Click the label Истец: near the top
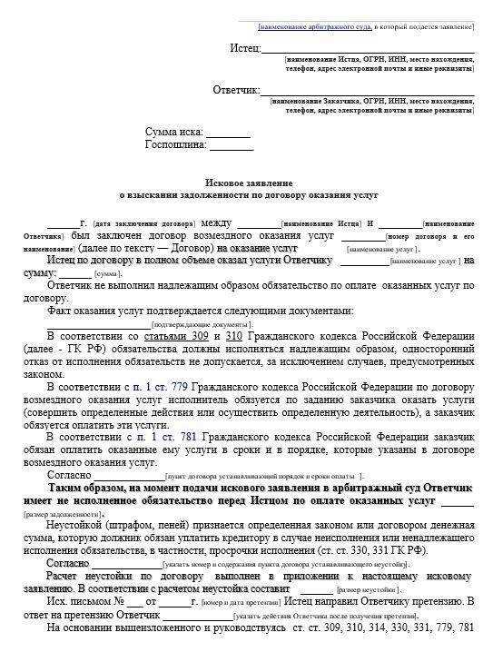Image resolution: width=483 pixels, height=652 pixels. coord(245,47)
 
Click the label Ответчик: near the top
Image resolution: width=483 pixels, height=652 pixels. coord(236,90)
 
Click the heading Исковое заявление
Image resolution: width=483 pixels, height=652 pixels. coord(246,183)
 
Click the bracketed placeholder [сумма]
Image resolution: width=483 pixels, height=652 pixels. coord(108,273)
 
